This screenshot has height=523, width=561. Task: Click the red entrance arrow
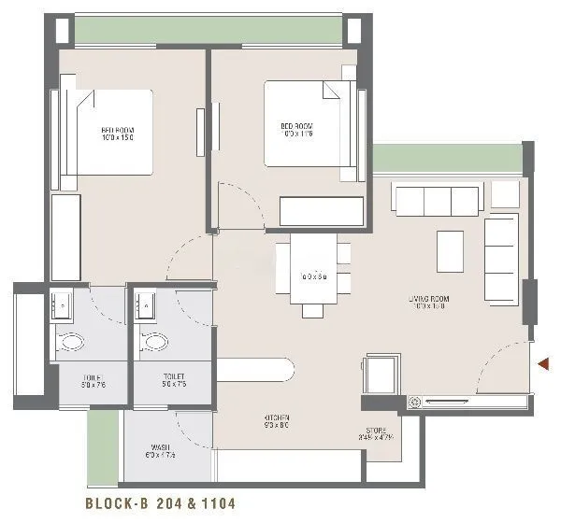point(541,363)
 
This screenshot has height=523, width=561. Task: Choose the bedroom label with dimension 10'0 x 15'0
point(119,134)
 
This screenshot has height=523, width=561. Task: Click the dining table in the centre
point(313,271)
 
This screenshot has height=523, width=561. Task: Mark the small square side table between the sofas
point(505,193)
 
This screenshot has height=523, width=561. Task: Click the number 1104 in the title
point(214,503)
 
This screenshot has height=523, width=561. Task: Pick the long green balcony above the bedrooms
point(208,29)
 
